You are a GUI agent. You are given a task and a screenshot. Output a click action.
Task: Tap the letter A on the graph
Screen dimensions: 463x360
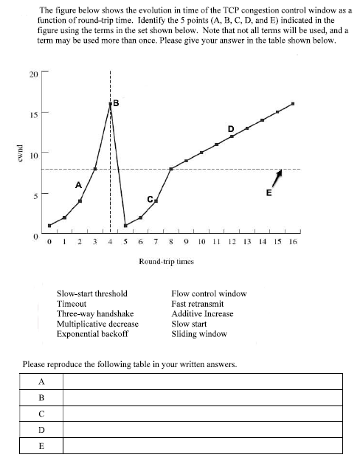(x=78, y=186)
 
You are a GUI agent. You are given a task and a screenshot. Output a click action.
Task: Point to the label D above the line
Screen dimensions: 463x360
(x=231, y=126)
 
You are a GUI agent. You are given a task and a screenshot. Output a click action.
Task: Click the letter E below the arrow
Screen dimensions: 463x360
(x=269, y=193)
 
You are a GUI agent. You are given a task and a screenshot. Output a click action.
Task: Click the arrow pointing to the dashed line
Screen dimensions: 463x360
(x=277, y=176)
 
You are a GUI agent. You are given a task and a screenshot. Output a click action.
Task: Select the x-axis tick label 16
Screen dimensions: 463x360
(x=292, y=241)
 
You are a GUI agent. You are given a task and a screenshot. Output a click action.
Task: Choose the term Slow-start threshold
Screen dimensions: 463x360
(x=92, y=293)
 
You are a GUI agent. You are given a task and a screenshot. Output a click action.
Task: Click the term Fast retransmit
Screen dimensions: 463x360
(x=197, y=303)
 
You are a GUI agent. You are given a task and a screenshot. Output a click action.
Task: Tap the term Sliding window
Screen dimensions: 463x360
(x=199, y=333)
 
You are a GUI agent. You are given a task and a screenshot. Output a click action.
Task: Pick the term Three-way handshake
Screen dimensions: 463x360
(x=94, y=313)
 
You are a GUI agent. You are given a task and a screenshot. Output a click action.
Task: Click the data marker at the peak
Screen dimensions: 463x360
(x=111, y=104)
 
